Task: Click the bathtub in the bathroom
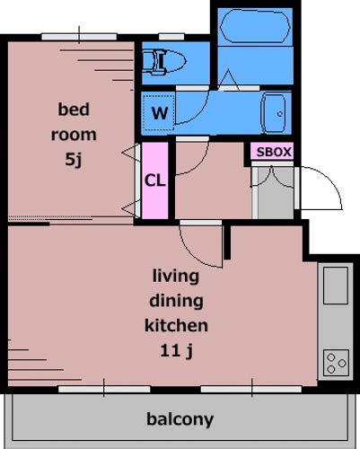pyautogui.click(x=255, y=26)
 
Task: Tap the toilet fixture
pyautogui.click(x=163, y=62)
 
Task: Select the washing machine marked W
pyautogui.click(x=159, y=112)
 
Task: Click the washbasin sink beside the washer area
pyautogui.click(x=274, y=113)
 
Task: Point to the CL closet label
pyautogui.click(x=154, y=180)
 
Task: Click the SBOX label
pyautogui.click(x=274, y=152)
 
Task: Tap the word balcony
pyautogui.click(x=180, y=419)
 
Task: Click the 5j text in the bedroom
pyautogui.click(x=74, y=160)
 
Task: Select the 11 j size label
pyautogui.click(x=176, y=350)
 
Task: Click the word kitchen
pyautogui.click(x=176, y=325)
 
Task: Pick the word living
pyautogui.click(x=176, y=277)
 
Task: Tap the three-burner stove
pyautogui.click(x=336, y=363)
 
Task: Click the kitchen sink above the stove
pyautogui.click(x=336, y=286)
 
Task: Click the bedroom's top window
pyautogui.click(x=79, y=37)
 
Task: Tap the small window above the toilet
pyautogui.click(x=171, y=37)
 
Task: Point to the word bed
pyautogui.click(x=74, y=110)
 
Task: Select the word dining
pyautogui.click(x=176, y=301)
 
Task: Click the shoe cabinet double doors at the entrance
pyautogui.click(x=272, y=179)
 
